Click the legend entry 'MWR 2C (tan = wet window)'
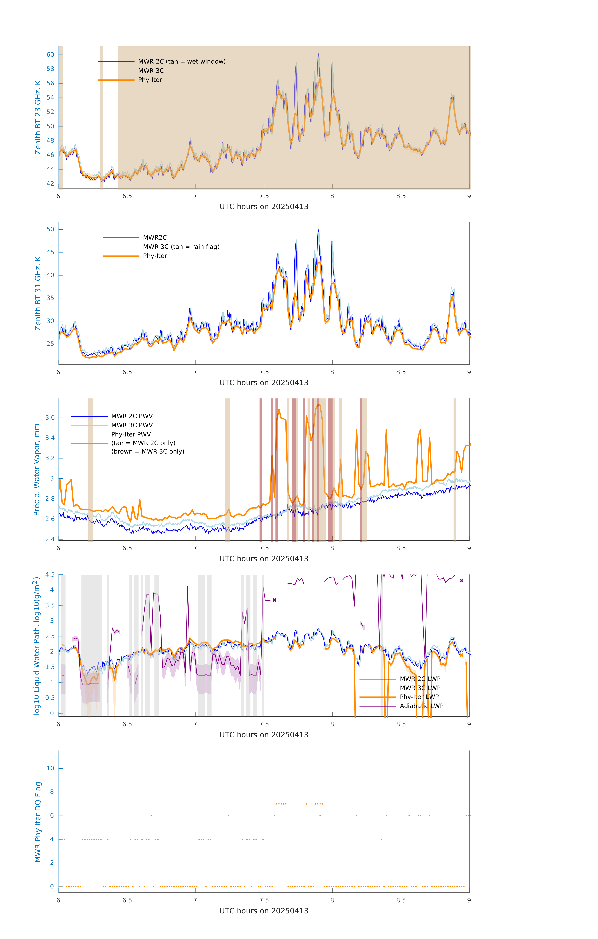(x=182, y=62)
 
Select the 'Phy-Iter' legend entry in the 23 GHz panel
(x=150, y=80)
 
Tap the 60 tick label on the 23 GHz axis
(x=50, y=55)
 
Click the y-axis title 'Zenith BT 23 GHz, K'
(x=38, y=117)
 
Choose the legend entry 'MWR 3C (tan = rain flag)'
(x=181, y=247)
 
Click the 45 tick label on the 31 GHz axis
(x=50, y=252)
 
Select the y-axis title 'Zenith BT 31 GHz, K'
(x=38, y=293)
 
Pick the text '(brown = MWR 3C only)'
(x=148, y=452)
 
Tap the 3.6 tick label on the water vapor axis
(x=50, y=418)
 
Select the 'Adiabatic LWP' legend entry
(x=421, y=706)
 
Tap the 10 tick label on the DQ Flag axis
(x=50, y=768)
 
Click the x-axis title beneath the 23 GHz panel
(x=264, y=207)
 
